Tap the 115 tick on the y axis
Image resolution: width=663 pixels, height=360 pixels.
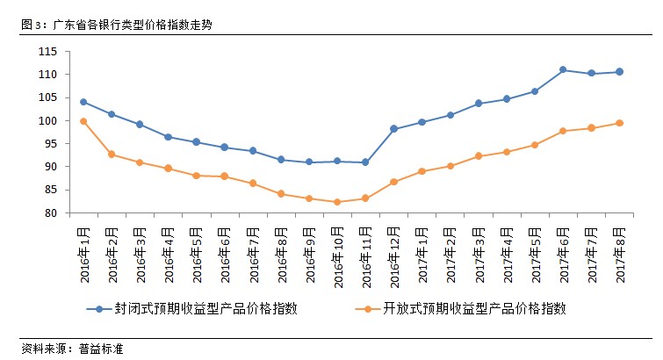click(x=47, y=52)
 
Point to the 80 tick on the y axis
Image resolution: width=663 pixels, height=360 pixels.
click(x=51, y=213)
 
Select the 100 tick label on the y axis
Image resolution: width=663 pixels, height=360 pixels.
click(x=47, y=121)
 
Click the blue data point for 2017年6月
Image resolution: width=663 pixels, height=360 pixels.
click(x=563, y=70)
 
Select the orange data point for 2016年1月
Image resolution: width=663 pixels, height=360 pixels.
click(x=83, y=121)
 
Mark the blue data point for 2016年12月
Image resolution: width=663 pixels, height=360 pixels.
click(x=393, y=129)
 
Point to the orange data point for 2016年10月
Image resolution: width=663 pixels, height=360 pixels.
click(x=337, y=202)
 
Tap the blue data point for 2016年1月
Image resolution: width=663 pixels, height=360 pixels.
click(x=83, y=102)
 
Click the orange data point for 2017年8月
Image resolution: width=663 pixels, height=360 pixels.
click(x=619, y=123)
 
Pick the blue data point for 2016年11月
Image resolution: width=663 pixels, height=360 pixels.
click(x=365, y=162)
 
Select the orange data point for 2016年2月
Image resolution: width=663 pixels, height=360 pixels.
click(x=112, y=155)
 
